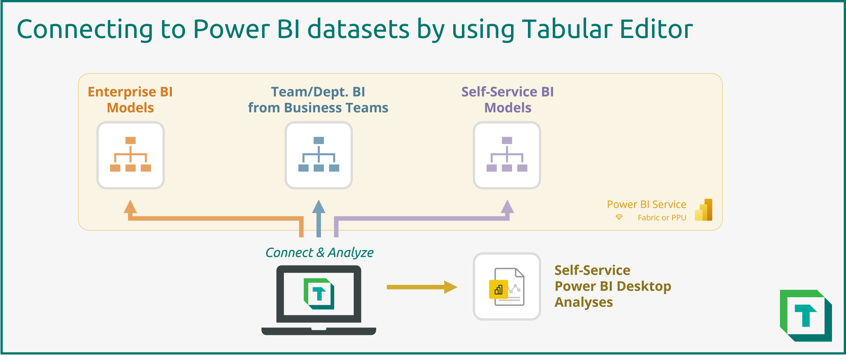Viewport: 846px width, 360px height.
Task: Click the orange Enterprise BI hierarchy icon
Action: [131, 155]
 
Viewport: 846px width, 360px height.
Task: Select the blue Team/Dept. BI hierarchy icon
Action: [318, 155]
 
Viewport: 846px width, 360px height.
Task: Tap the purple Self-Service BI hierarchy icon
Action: [507, 155]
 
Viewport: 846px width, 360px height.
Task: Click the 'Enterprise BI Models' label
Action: [130, 99]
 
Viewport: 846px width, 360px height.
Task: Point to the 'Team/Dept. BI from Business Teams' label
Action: [318, 99]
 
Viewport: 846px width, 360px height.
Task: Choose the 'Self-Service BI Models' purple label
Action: [508, 99]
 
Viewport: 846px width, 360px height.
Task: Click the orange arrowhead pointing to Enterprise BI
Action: [130, 206]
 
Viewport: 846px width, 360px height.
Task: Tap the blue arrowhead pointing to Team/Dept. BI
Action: [318, 206]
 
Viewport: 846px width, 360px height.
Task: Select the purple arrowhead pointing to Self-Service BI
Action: [507, 206]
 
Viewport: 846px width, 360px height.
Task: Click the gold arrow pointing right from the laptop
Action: [421, 287]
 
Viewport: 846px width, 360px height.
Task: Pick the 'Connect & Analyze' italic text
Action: [319, 252]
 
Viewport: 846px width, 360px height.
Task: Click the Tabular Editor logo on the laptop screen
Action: [319, 294]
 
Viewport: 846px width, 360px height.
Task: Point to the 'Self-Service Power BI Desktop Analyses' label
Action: [613, 286]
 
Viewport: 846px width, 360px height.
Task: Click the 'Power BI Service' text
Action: [646, 204]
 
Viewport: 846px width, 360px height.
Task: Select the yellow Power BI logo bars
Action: [703, 210]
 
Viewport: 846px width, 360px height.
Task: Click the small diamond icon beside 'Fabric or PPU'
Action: [619, 217]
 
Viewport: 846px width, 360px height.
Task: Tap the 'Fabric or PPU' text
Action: [662, 218]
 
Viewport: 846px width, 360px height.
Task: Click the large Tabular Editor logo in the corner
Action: [806, 315]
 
